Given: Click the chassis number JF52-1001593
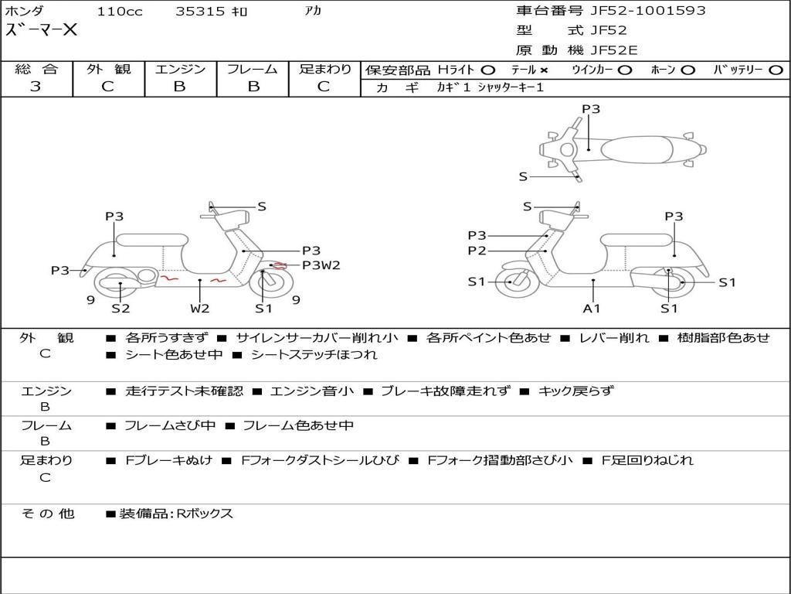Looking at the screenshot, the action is point(648,11).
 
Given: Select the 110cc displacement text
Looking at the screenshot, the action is point(120,11).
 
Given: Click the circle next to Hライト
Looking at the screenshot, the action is point(487,70).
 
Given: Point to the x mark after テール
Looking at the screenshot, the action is point(543,70).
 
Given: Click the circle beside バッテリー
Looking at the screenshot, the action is point(776,70).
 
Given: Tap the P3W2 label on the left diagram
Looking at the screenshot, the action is point(321,265).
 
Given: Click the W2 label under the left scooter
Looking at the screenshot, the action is point(200,308).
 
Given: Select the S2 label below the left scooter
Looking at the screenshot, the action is point(121,308).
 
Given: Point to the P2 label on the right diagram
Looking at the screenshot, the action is point(477,251).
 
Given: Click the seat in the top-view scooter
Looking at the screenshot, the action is point(637,149).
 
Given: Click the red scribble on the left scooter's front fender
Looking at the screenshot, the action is point(279,265).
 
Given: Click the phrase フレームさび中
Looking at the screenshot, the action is point(170,426).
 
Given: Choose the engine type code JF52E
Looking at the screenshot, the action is point(614,50).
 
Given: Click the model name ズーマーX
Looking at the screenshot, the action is point(42,30).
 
